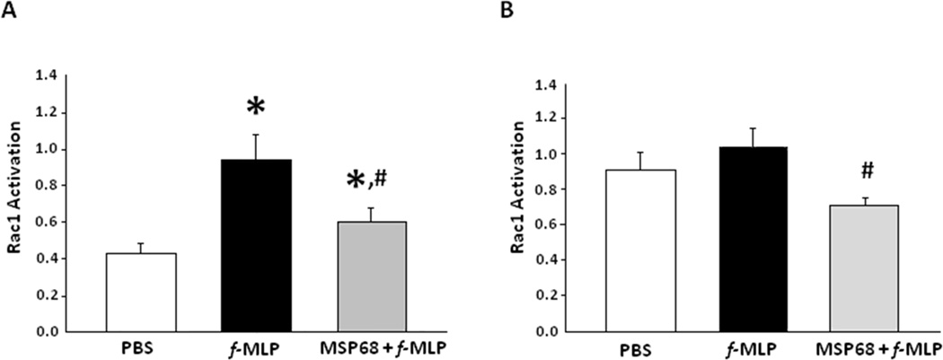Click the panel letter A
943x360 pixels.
point(13,14)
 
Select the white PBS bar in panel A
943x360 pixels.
point(141,292)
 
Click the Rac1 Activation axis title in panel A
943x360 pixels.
point(15,203)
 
